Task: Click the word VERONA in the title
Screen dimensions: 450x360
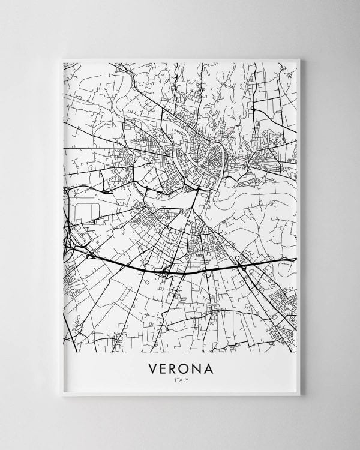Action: coord(180,367)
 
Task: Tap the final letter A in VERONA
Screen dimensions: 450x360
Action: coord(208,367)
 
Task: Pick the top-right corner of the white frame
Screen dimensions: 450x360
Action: coord(304,57)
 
